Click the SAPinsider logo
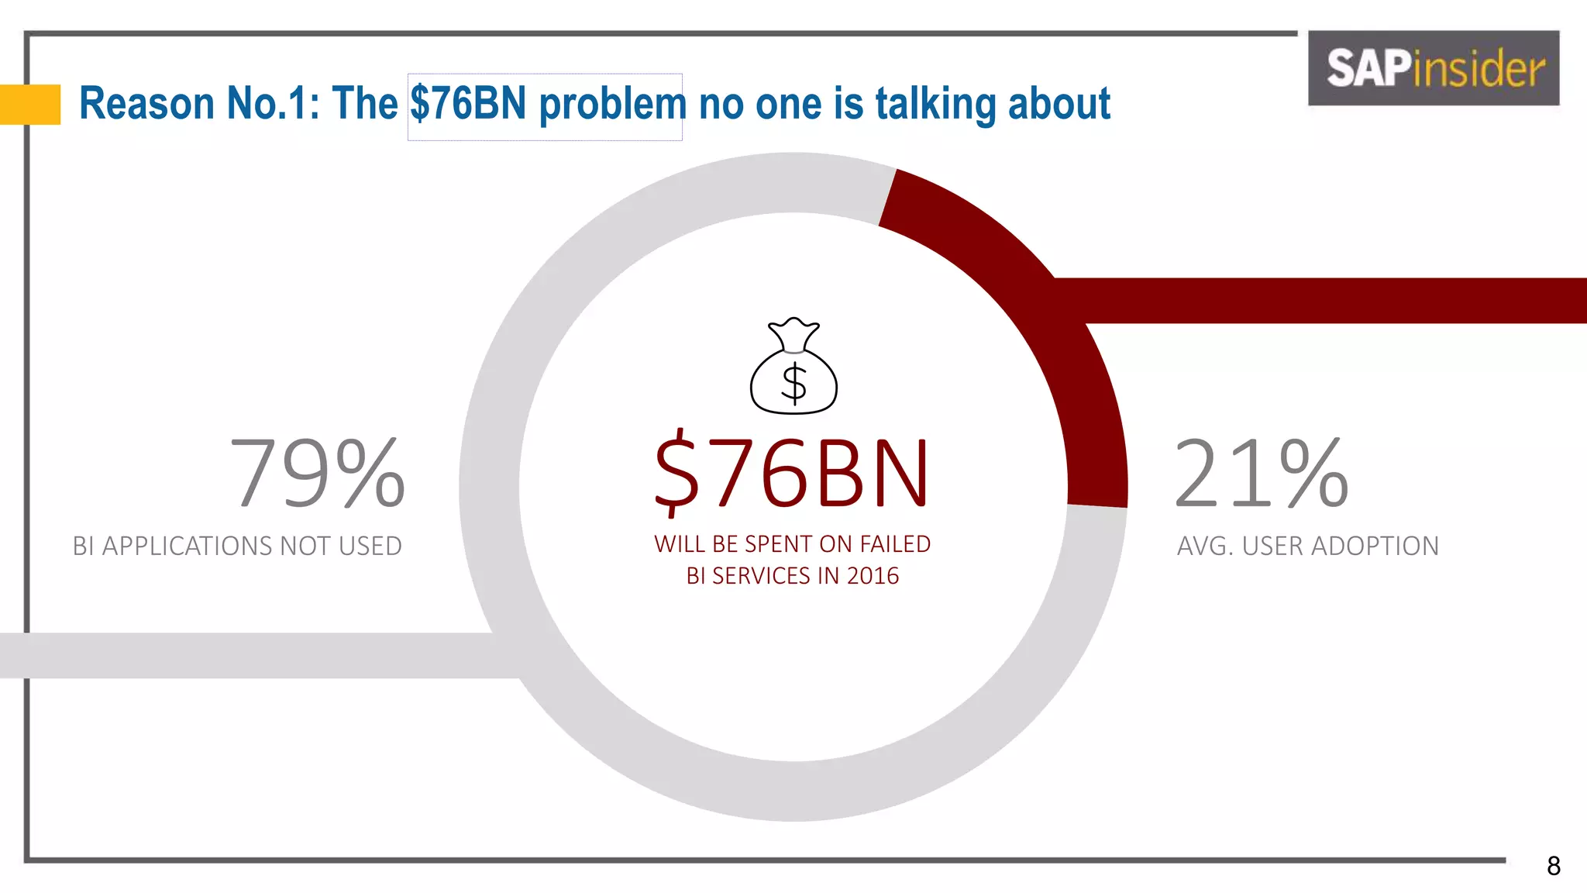click(x=1434, y=68)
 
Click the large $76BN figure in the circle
click(x=791, y=473)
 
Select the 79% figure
click(x=317, y=473)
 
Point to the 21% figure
click(x=1261, y=473)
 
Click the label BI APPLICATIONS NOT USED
click(x=237, y=546)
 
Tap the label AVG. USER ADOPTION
click(x=1307, y=546)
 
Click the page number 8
click(x=1553, y=866)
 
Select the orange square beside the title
click(x=30, y=104)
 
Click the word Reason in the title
click(x=146, y=103)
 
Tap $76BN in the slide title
click(x=468, y=103)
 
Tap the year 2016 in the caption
click(x=873, y=576)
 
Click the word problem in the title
click(x=612, y=105)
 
